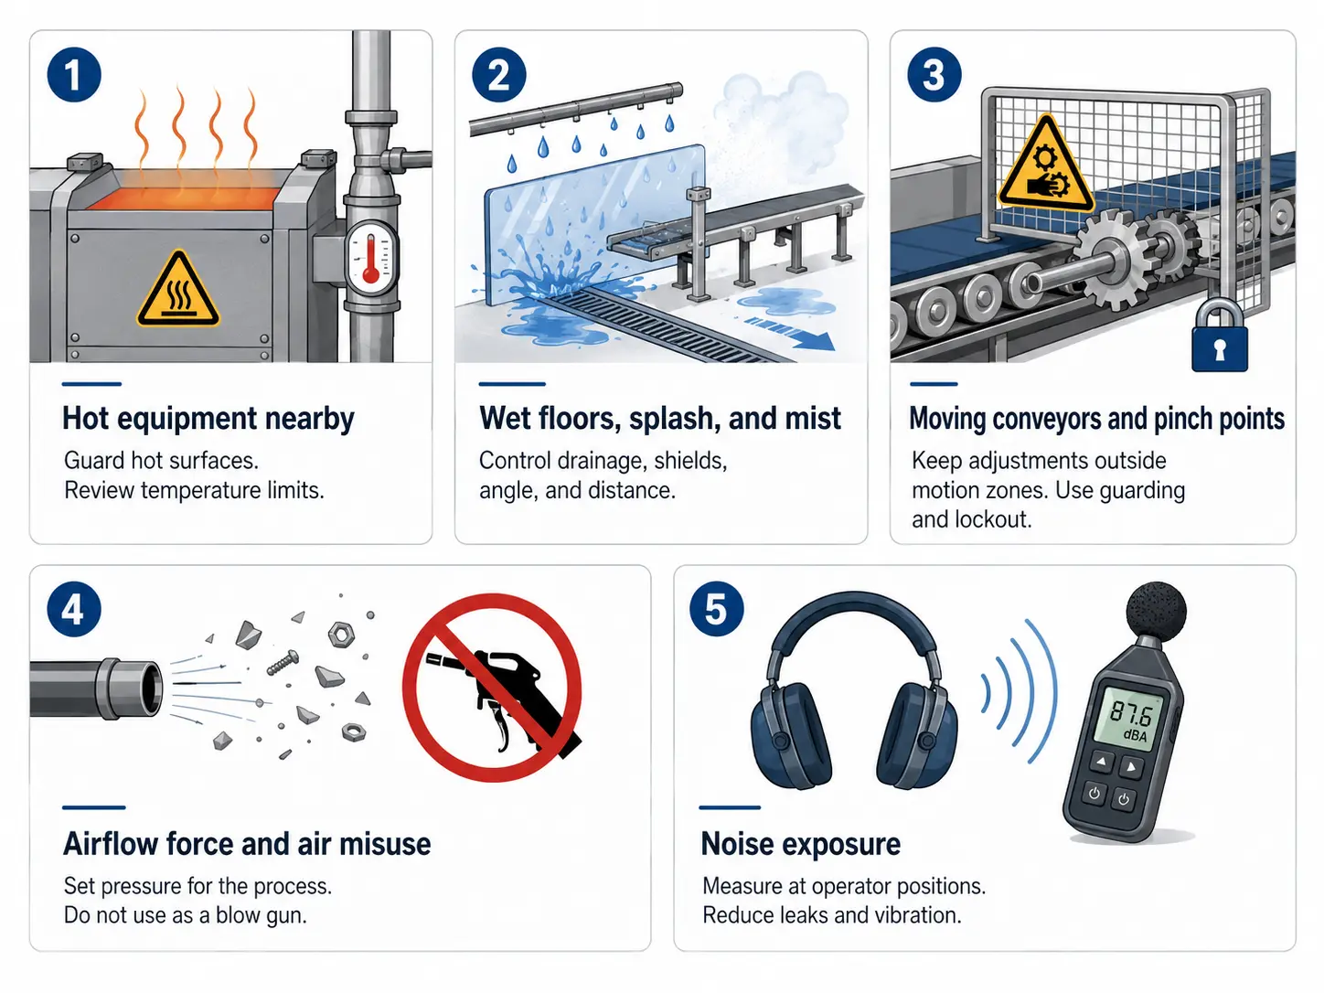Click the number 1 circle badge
point(73,75)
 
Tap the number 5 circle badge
point(716,609)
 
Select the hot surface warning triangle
point(178,289)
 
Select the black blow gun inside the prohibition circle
point(504,693)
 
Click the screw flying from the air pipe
point(283,662)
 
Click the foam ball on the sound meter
point(1157,611)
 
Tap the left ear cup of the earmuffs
point(790,734)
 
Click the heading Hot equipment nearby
point(208,419)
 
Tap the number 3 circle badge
point(934,75)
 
